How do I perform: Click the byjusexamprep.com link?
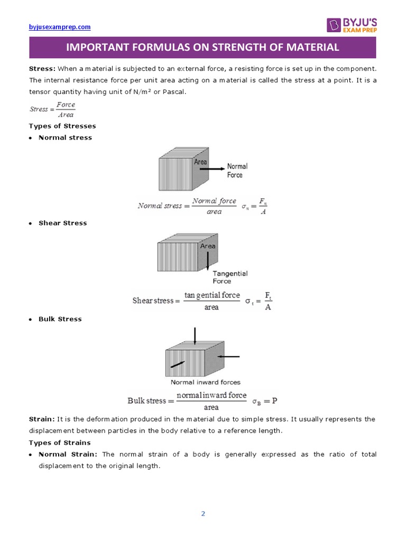pos(59,27)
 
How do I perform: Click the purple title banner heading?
pos(202,48)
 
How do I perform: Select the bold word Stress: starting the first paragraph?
pos(42,69)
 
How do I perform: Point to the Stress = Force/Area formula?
pos(52,109)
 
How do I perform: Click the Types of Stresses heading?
pos(62,126)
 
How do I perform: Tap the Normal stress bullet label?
pos(65,137)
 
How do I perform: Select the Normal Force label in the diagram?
pos(237,170)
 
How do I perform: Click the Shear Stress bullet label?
pos(62,223)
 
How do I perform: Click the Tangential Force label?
pos(229,277)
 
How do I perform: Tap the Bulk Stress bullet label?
pos(60,319)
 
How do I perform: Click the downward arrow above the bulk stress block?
pos(195,336)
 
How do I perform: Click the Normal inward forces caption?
pos(205,382)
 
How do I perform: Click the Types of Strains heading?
pos(60,443)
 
